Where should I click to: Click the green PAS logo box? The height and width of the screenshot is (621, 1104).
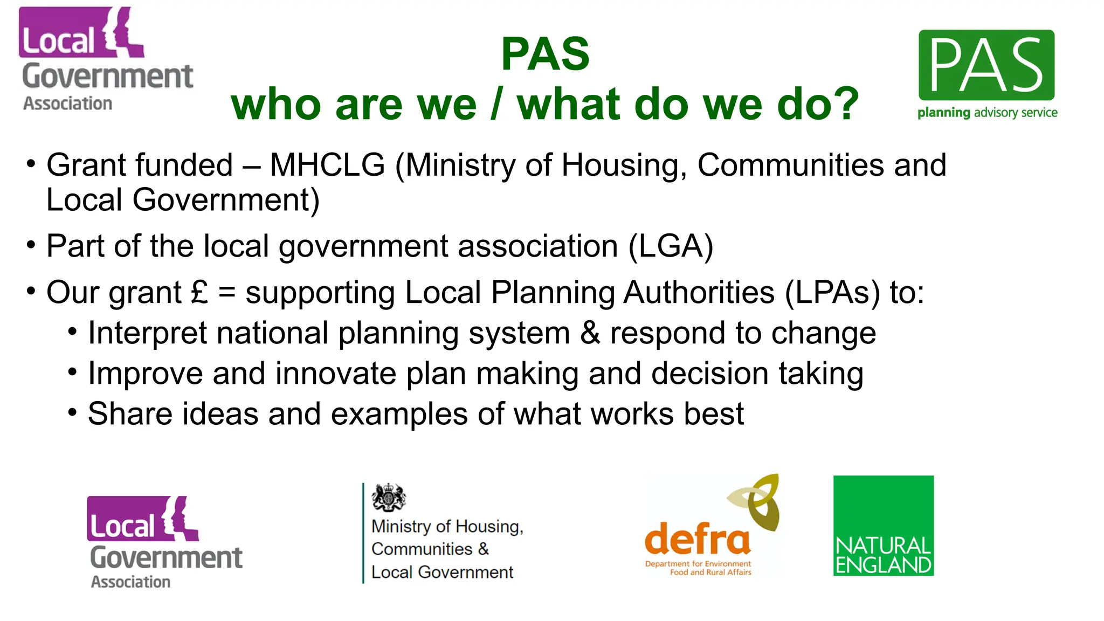pyautogui.click(x=986, y=65)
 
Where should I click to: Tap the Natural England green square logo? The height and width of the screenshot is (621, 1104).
pyautogui.click(x=883, y=525)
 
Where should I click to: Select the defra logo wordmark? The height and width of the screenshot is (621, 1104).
pyautogui.click(x=697, y=539)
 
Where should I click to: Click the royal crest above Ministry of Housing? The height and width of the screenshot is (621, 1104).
pyautogui.click(x=388, y=497)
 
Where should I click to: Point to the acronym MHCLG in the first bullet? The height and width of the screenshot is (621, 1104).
pyautogui.click(x=327, y=165)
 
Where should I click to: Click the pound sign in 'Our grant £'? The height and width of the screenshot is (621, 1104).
pyautogui.click(x=199, y=292)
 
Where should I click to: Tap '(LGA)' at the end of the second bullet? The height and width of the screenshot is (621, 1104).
pyautogui.click(x=671, y=246)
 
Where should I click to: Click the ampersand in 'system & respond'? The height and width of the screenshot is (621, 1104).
pyautogui.click(x=590, y=333)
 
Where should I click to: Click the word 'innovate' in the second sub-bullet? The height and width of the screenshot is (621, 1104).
pyautogui.click(x=336, y=374)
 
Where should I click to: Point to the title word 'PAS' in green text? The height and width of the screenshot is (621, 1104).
pyautogui.click(x=545, y=54)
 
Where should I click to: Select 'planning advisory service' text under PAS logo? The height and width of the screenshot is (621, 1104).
pyautogui.click(x=987, y=113)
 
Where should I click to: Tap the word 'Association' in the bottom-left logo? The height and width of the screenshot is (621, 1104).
pyautogui.click(x=130, y=582)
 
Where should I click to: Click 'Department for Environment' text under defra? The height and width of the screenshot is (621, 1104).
pyautogui.click(x=698, y=564)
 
